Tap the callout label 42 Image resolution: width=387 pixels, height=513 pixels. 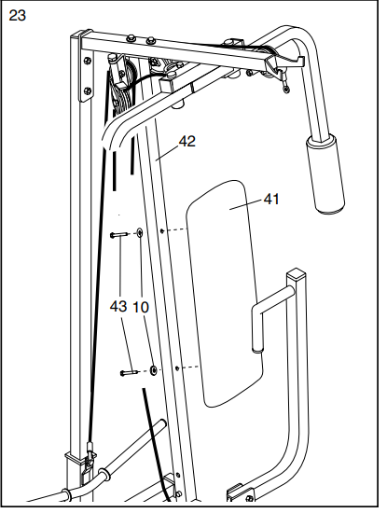coord(187,142)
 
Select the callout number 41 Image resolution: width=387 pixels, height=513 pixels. coord(271,199)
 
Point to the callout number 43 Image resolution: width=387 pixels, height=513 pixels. coord(118,306)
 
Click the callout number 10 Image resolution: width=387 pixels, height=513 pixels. coord(140,306)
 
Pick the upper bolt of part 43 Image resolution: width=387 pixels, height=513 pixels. coord(117,236)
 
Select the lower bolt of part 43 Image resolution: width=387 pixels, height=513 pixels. coord(129,372)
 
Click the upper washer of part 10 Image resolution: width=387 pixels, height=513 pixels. coord(139,234)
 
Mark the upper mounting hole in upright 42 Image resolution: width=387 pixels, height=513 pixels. coord(162,229)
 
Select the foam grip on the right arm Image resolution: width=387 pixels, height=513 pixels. coord(326,172)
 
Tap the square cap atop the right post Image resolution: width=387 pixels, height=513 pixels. coord(297,275)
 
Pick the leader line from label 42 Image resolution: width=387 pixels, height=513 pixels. coord(168,152)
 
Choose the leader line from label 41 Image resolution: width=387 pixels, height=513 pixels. coord(247,202)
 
